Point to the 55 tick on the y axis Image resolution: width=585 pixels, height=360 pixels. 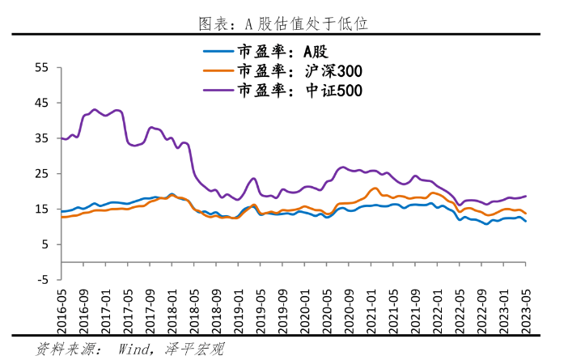tap(43, 68)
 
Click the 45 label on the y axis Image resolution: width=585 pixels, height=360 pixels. tap(43, 104)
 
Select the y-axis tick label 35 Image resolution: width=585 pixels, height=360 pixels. tap(43, 138)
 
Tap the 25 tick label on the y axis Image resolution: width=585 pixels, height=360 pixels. tap(43, 174)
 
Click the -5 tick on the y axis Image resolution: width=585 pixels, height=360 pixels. tap(43, 280)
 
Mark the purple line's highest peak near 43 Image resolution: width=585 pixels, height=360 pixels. tap(95, 109)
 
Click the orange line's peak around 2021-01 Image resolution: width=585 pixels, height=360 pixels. tap(375, 188)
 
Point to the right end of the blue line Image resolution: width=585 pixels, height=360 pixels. tap(526, 221)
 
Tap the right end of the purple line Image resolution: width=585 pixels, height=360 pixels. tap(526, 196)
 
